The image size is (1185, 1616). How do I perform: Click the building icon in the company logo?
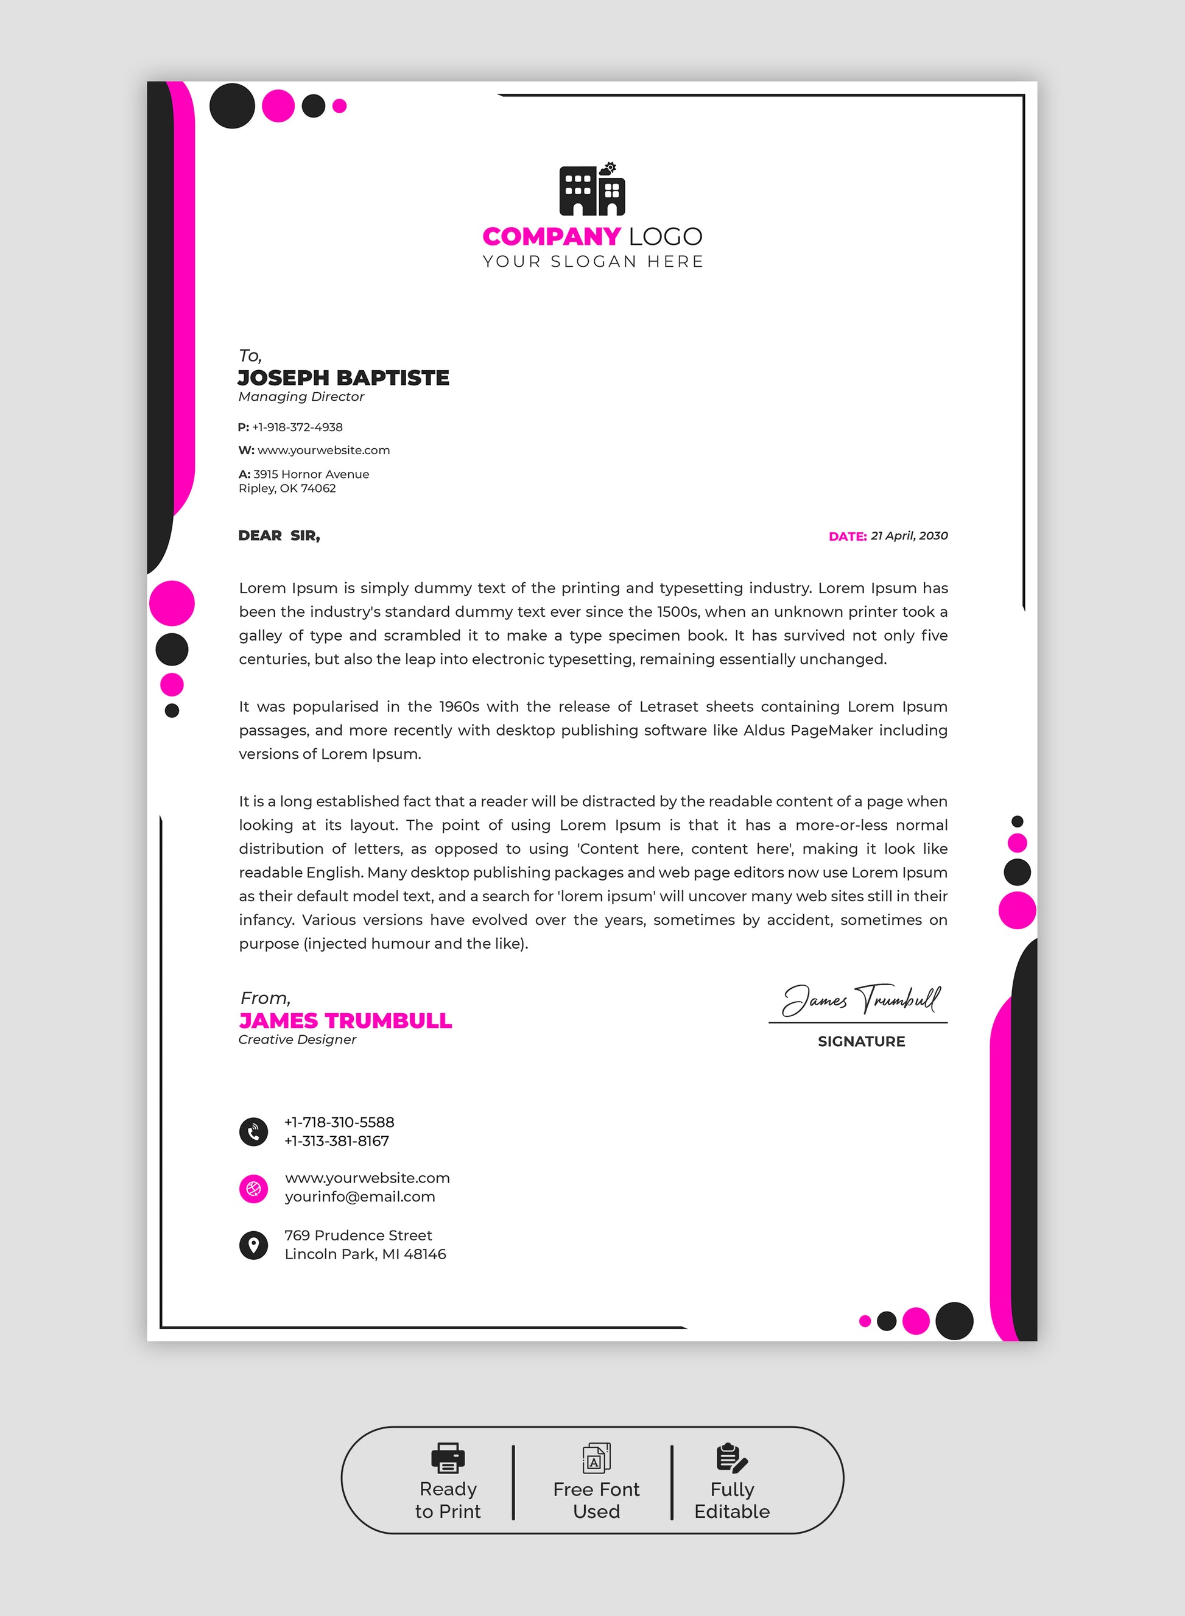click(592, 190)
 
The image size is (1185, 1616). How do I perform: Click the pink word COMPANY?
click(551, 237)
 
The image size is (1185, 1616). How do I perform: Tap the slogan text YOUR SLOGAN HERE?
click(592, 262)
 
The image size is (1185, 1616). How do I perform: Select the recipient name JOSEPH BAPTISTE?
click(343, 378)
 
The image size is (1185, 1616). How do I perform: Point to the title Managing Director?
click(301, 396)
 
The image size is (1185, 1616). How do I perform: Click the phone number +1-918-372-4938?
click(297, 427)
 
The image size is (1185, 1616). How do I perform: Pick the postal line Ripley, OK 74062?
click(287, 488)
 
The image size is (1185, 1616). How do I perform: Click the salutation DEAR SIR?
click(279, 536)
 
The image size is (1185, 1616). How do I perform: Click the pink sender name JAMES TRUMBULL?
click(345, 1021)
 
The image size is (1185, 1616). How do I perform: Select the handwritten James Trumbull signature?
click(861, 999)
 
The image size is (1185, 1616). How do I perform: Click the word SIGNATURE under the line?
click(861, 1041)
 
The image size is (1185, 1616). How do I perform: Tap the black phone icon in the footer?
click(253, 1132)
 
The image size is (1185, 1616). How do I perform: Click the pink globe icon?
click(253, 1189)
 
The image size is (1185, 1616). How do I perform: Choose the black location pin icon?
click(253, 1245)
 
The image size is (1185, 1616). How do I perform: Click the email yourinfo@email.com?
click(359, 1196)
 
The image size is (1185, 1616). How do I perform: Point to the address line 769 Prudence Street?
click(358, 1235)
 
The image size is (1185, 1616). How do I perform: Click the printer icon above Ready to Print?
click(448, 1458)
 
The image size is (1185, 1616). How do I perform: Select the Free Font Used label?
click(596, 1500)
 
